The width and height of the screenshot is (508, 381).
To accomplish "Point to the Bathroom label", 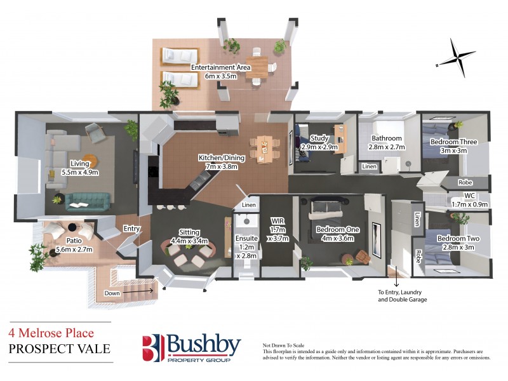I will point(387,142).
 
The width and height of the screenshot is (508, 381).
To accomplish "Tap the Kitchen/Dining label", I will point(218,161).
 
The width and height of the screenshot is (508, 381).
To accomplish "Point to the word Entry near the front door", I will point(132,229).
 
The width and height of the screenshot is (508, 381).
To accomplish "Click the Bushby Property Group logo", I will point(190,349).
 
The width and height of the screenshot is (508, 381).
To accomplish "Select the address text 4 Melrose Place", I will point(51,333).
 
